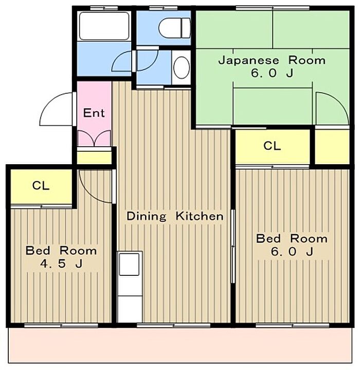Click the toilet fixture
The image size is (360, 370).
pos(175,28)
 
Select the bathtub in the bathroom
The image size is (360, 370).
pos(104,26)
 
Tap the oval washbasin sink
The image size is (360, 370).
pos(182,67)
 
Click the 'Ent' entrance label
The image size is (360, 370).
pos(94,113)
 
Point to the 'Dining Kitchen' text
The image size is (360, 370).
pos(175,216)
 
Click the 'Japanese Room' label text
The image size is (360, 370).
pos(272,60)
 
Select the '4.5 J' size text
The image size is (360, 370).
pos(61,263)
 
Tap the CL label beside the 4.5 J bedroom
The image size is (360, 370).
pos(41,186)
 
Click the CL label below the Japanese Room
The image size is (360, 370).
pos(272,146)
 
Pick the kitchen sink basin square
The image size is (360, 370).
pos(129,264)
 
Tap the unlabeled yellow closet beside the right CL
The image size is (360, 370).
pos(332,147)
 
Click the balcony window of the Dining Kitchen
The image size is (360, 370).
pos(173,325)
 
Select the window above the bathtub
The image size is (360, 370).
pos(104,8)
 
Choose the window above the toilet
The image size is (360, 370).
pos(164,8)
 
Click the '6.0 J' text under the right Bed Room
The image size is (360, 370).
pos(292,252)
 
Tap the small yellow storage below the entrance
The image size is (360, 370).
pos(94,158)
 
